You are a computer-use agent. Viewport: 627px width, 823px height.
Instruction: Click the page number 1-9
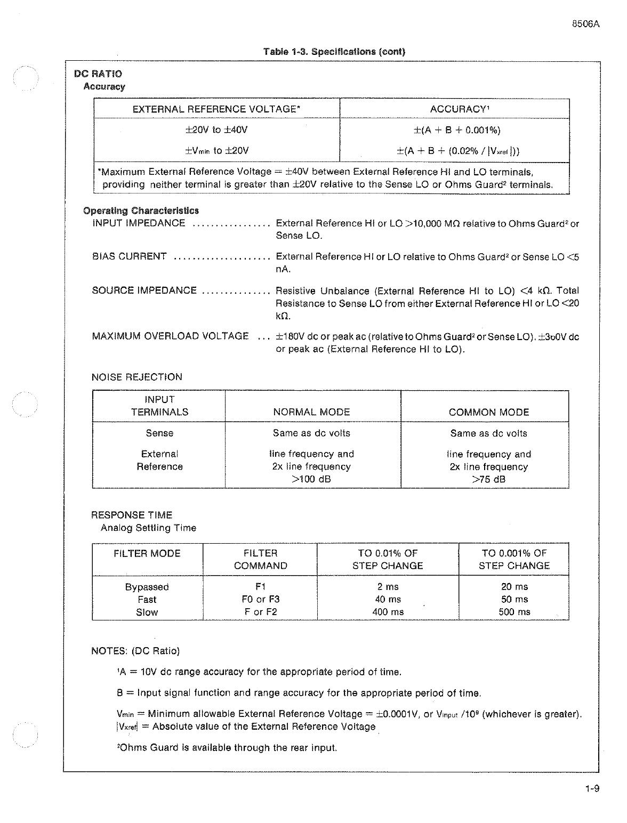coord(591,789)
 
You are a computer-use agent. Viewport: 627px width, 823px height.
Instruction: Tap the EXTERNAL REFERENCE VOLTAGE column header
coord(216,109)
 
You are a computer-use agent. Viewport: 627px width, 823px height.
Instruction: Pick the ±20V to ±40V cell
coord(216,130)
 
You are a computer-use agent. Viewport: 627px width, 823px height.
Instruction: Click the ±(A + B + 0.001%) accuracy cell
coord(457,130)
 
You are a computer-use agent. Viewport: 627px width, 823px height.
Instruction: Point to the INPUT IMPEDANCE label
coord(139,223)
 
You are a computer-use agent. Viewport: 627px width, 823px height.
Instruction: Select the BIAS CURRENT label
coord(129,256)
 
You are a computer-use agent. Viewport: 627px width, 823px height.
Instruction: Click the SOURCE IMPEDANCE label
coord(144,291)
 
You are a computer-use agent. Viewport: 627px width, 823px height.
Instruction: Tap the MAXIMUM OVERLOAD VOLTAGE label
coord(170,336)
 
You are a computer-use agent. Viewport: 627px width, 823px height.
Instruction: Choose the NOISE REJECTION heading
coord(137,377)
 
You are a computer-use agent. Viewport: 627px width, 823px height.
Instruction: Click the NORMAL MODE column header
coord(311,412)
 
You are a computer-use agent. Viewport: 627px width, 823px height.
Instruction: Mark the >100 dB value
coord(311,479)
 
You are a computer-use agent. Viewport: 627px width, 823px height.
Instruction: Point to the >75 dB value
coord(488,479)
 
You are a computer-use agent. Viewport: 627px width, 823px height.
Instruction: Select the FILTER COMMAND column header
coord(260,560)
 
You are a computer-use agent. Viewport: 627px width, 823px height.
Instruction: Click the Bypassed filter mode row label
coord(147,587)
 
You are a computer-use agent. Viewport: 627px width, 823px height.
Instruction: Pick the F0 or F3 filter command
coord(260,600)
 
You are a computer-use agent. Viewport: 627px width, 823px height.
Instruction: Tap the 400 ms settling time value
coord(388,612)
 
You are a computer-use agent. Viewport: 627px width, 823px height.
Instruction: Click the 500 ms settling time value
coord(514,612)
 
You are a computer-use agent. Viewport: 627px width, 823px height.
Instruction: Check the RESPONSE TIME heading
coord(132,515)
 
